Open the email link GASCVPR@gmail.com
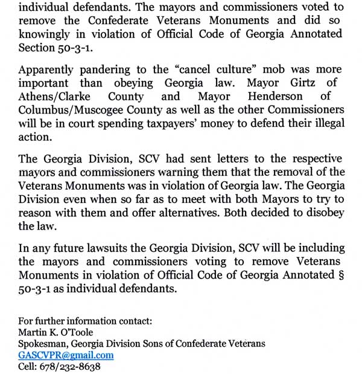coord(66,355)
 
